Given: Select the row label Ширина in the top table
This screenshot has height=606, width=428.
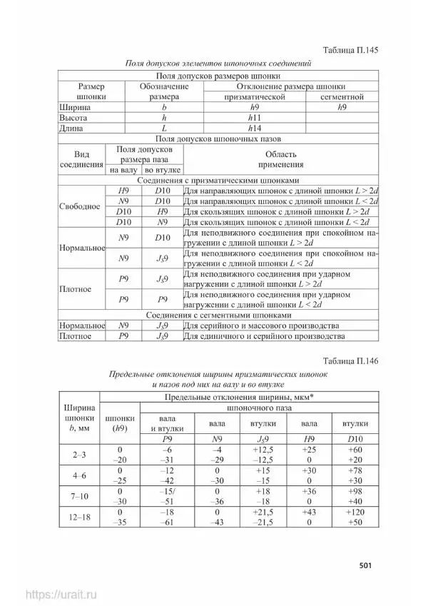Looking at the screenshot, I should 73,107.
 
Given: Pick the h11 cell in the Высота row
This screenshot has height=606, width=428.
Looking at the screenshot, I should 254,118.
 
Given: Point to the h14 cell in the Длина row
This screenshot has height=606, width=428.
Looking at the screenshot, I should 254,128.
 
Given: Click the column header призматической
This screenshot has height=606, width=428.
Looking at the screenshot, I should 254,96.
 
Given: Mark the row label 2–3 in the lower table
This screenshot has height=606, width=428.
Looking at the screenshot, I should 79,454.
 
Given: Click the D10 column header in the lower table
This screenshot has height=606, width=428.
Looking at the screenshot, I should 350,437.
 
